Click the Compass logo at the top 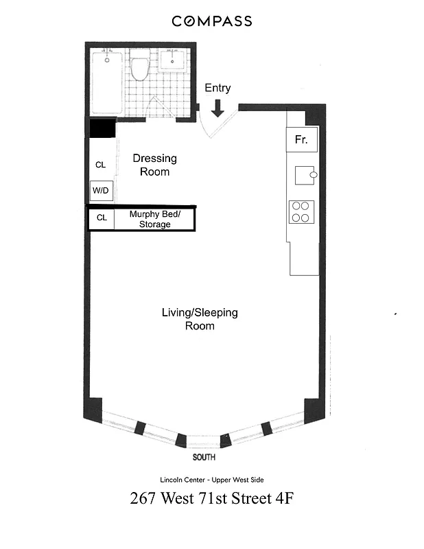coord(211,21)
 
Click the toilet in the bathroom coord(141,67)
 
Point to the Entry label coord(217,88)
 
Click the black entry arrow coord(218,108)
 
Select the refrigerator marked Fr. coord(301,140)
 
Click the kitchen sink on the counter coord(305,175)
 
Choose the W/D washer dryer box coord(100,191)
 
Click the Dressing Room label coord(154,165)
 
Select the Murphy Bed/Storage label coord(154,219)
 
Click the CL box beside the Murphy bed coord(102,218)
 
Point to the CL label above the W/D coord(100,165)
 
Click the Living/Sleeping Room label coord(200,319)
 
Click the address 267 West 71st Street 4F coord(211,499)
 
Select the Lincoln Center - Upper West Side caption coord(211,480)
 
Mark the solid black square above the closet coord(102,128)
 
